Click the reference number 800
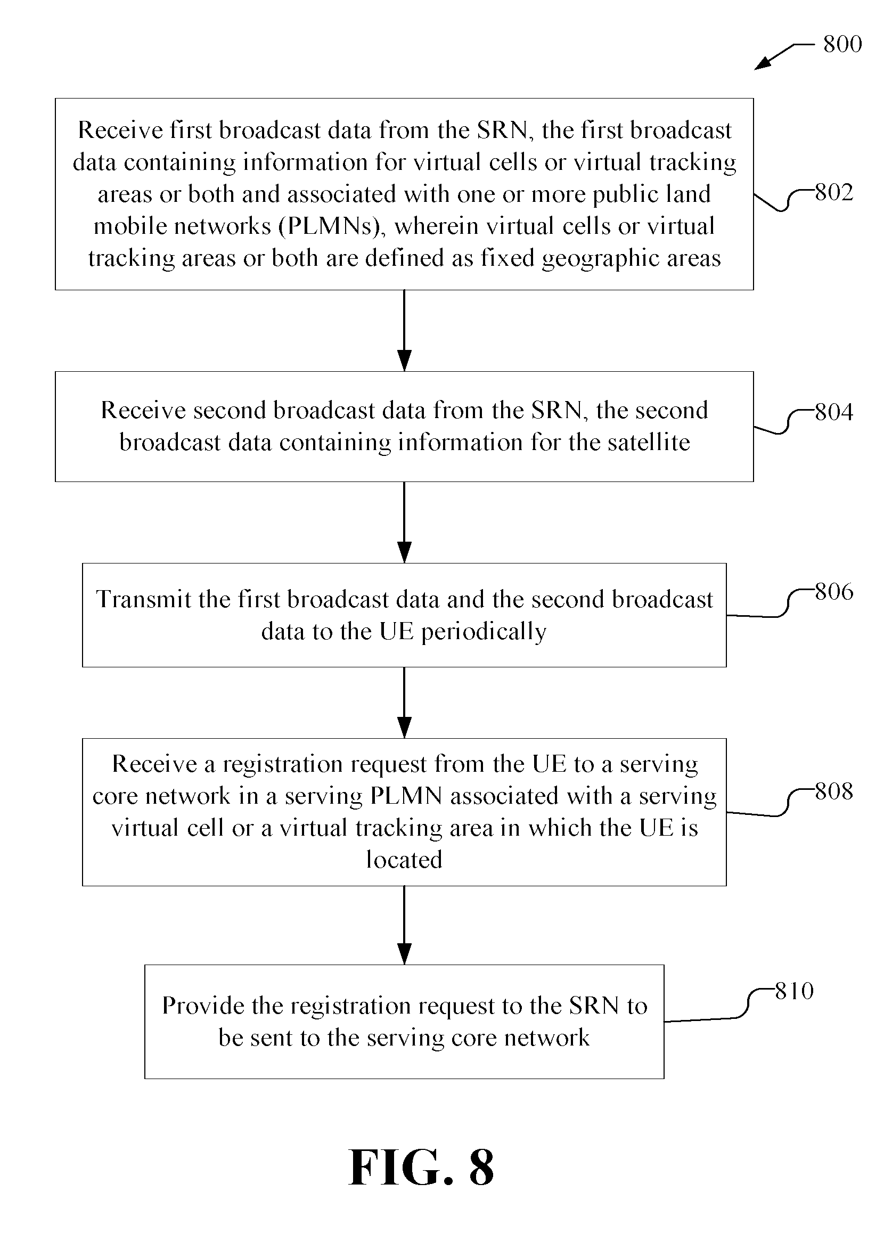point(842,44)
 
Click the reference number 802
point(834,192)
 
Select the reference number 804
point(834,412)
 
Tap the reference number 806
point(834,592)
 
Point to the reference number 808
point(834,791)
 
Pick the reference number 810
point(794,991)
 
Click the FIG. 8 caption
point(421,1168)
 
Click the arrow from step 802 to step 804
point(404,331)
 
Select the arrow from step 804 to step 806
point(404,522)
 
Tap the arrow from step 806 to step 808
point(404,703)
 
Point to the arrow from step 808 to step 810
point(404,925)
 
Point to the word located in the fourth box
point(404,860)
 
